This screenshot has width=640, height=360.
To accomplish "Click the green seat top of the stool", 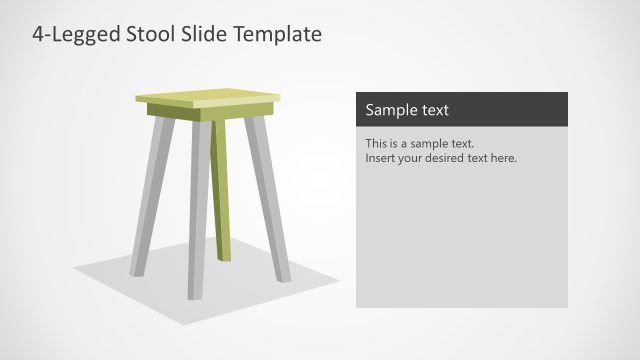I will (x=208, y=98).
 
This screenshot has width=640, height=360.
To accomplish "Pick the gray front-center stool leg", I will (x=198, y=210).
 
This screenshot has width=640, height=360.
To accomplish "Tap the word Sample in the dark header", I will (x=386, y=109).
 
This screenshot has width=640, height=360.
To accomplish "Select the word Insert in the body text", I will (x=381, y=158).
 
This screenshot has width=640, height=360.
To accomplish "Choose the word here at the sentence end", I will (x=504, y=158).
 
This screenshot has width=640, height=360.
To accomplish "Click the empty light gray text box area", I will (x=462, y=240).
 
